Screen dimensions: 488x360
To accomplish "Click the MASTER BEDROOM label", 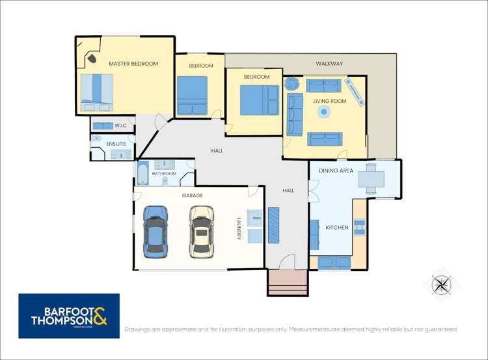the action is [x=133, y=64].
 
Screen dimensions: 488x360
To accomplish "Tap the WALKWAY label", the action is [x=329, y=64].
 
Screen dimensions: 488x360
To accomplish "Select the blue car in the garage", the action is [x=156, y=232].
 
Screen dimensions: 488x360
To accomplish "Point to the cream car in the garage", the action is [x=202, y=232].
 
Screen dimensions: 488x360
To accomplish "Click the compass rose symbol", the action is [x=442, y=284].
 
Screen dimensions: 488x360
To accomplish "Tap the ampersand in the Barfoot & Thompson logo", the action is [x=100, y=316].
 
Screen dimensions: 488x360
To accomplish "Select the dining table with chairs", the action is [x=371, y=179].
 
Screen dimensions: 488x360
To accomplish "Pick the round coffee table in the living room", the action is [x=324, y=111].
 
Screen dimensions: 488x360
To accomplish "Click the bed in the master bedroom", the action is [x=97, y=92].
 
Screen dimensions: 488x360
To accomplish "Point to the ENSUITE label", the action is [x=116, y=144].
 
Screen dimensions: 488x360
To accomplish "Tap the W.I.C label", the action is [x=120, y=126].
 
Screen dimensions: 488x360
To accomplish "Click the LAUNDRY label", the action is [x=239, y=228].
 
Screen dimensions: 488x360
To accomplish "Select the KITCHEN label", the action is [x=337, y=228].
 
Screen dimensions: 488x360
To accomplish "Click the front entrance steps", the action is [x=288, y=283].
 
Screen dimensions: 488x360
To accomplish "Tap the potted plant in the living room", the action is [x=292, y=83].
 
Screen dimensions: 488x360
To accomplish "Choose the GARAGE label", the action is [x=193, y=195].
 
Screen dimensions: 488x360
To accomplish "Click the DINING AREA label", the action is [x=336, y=171].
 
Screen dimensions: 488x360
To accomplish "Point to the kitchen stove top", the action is [x=359, y=228].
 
